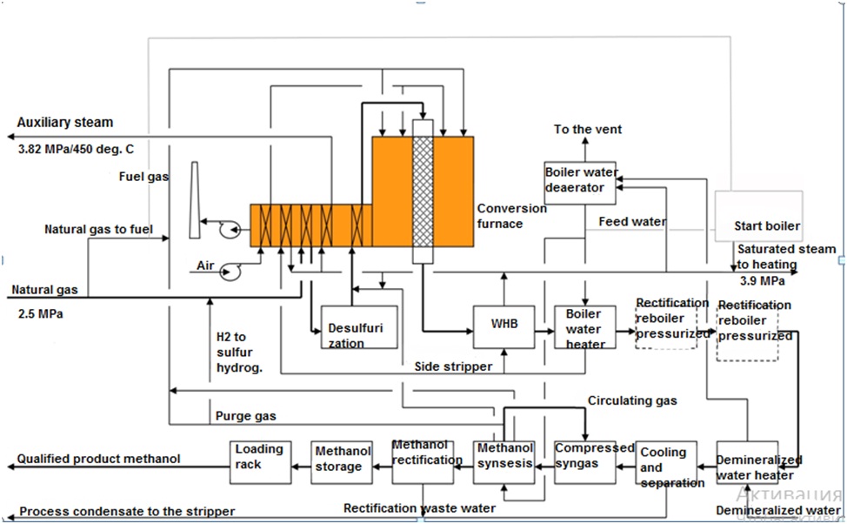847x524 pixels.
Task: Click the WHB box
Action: click(503, 327)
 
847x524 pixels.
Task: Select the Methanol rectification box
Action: click(423, 461)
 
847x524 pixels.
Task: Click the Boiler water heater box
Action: click(584, 327)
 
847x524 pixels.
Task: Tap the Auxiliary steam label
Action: click(64, 123)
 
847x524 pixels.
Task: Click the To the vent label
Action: click(588, 130)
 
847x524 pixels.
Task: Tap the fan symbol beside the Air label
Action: click(230, 272)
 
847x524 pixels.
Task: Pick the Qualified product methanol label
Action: click(98, 459)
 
